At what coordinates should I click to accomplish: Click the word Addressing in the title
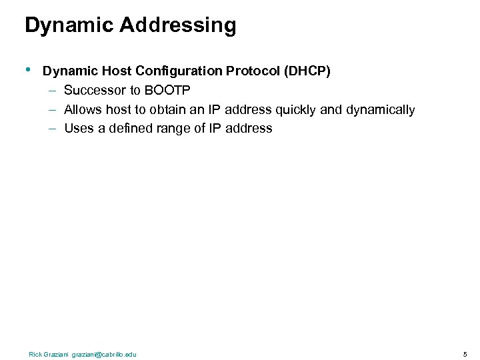178,25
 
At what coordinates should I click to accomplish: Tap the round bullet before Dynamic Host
28,69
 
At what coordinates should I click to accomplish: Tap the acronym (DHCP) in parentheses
307,71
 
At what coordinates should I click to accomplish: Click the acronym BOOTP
167,91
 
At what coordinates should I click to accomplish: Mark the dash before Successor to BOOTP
52,91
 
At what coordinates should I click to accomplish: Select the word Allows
83,109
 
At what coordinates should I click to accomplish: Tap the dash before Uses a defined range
52,128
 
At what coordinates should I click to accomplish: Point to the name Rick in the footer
35,354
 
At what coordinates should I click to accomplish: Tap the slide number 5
465,354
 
